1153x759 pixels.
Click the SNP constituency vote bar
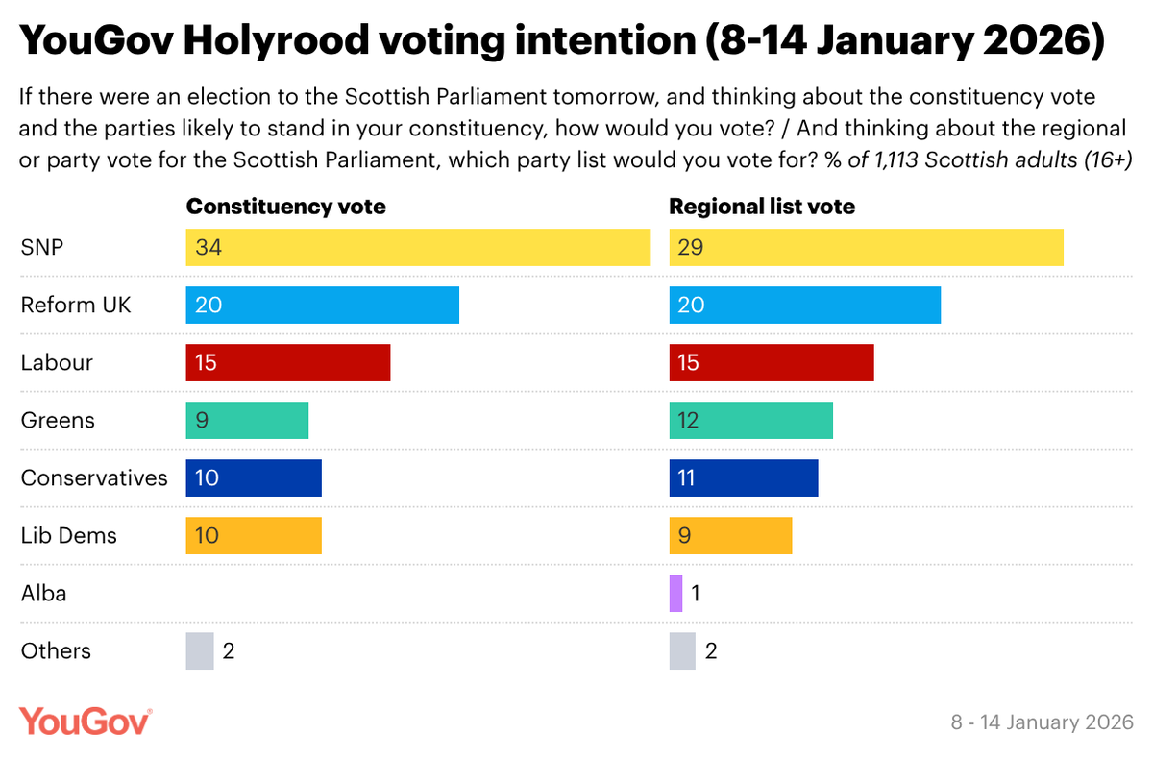coord(418,247)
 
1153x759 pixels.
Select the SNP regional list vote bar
coord(866,247)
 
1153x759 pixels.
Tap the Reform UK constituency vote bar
coord(322,305)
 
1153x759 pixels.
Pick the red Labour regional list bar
coord(772,362)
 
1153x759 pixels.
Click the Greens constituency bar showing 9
coord(247,420)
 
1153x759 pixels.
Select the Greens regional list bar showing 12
coord(750,420)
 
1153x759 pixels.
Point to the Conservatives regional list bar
coord(744,477)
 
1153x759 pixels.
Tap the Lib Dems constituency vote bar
coord(254,535)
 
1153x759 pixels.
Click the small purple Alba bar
coord(675,593)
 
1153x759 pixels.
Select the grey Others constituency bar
coord(199,650)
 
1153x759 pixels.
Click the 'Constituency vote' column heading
coord(285,207)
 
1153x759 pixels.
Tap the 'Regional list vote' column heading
coord(762,207)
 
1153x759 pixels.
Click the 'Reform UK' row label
coord(76,305)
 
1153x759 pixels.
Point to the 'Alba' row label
coord(44,593)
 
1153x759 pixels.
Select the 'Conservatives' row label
coord(94,477)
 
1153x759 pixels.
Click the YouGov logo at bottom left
coord(86,721)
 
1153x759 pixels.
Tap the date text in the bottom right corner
coord(1042,722)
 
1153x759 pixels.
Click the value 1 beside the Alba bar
coord(697,593)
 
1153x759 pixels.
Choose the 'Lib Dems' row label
coord(69,535)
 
